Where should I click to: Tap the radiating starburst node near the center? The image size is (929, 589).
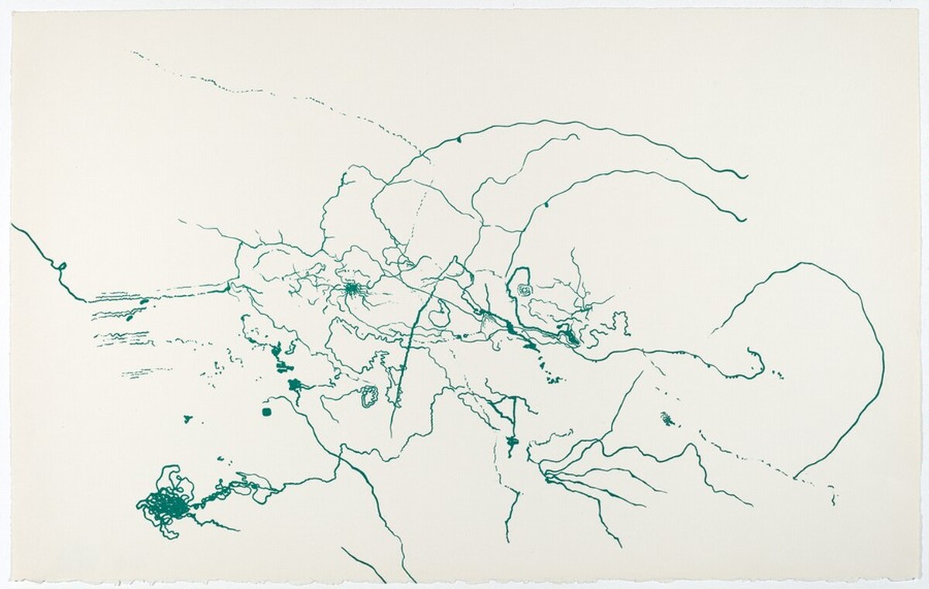click(352, 289)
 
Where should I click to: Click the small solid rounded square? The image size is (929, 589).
click(268, 412)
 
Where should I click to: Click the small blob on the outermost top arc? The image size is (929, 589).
click(459, 139)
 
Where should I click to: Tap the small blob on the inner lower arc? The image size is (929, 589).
click(546, 204)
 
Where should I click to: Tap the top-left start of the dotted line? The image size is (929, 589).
click(133, 53)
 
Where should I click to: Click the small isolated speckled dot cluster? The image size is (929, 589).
click(667, 419)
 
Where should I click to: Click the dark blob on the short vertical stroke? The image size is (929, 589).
click(511, 441)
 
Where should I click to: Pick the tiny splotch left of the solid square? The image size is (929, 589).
click(187, 419)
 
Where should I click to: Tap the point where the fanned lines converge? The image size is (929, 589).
click(546, 474)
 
